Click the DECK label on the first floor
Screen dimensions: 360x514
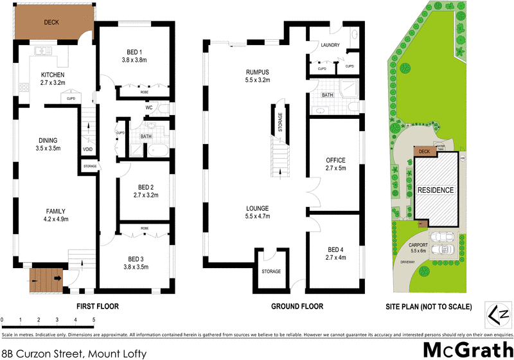(x=51, y=21)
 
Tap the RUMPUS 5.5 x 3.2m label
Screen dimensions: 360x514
(x=256, y=76)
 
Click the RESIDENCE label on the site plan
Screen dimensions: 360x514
(x=436, y=190)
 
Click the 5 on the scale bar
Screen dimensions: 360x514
(x=94, y=319)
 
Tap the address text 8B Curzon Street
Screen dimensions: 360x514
(x=74, y=353)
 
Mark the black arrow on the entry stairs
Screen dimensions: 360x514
(x=59, y=279)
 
